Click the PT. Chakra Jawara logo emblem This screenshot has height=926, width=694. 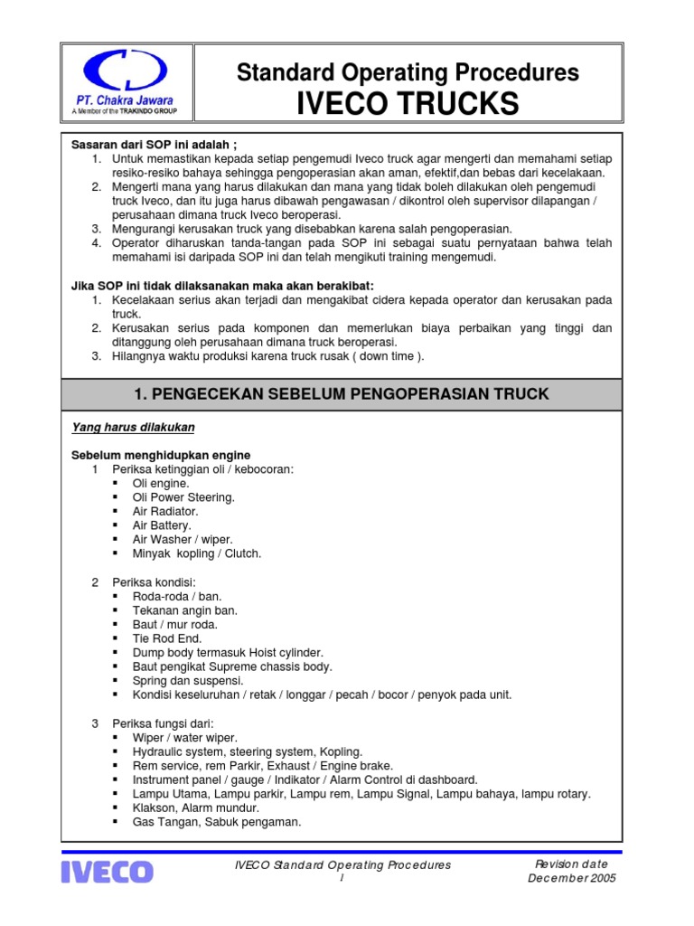click(x=125, y=71)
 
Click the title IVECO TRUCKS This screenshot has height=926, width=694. click(x=408, y=104)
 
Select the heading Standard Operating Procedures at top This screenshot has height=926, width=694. click(x=408, y=72)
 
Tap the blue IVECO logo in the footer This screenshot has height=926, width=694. click(x=108, y=872)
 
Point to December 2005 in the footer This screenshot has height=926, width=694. click(x=572, y=878)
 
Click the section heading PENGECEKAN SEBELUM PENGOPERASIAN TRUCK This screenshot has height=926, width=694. click(x=341, y=394)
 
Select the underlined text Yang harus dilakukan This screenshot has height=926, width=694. click(x=133, y=427)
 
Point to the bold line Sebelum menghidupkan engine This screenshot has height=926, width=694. click(x=161, y=454)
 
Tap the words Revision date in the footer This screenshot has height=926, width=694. click(x=572, y=864)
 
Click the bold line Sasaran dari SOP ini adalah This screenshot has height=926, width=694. click(x=155, y=144)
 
